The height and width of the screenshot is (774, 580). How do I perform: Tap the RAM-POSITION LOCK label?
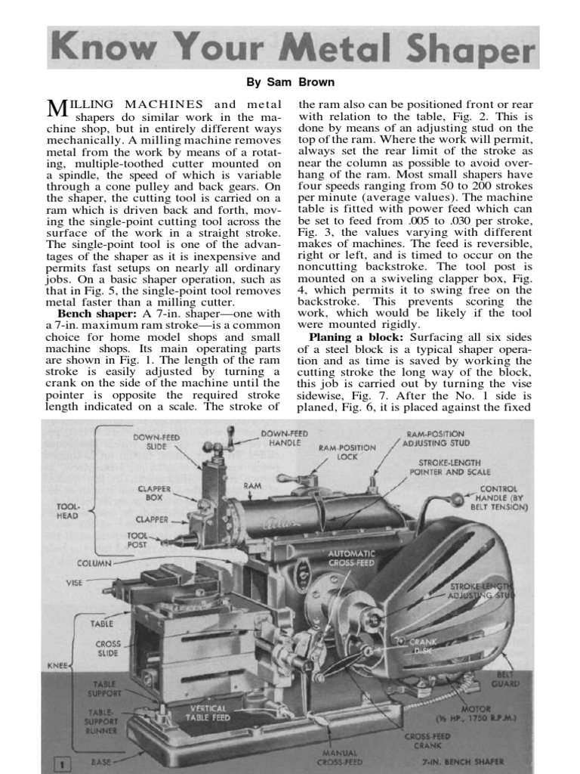(347, 452)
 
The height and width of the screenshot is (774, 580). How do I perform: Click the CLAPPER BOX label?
(154, 494)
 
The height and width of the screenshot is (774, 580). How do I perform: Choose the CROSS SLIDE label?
(108, 649)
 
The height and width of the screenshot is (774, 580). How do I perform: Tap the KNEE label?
(57, 667)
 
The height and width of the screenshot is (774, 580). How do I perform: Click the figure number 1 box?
(57, 763)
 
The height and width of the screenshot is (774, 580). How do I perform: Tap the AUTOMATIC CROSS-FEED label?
(352, 558)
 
